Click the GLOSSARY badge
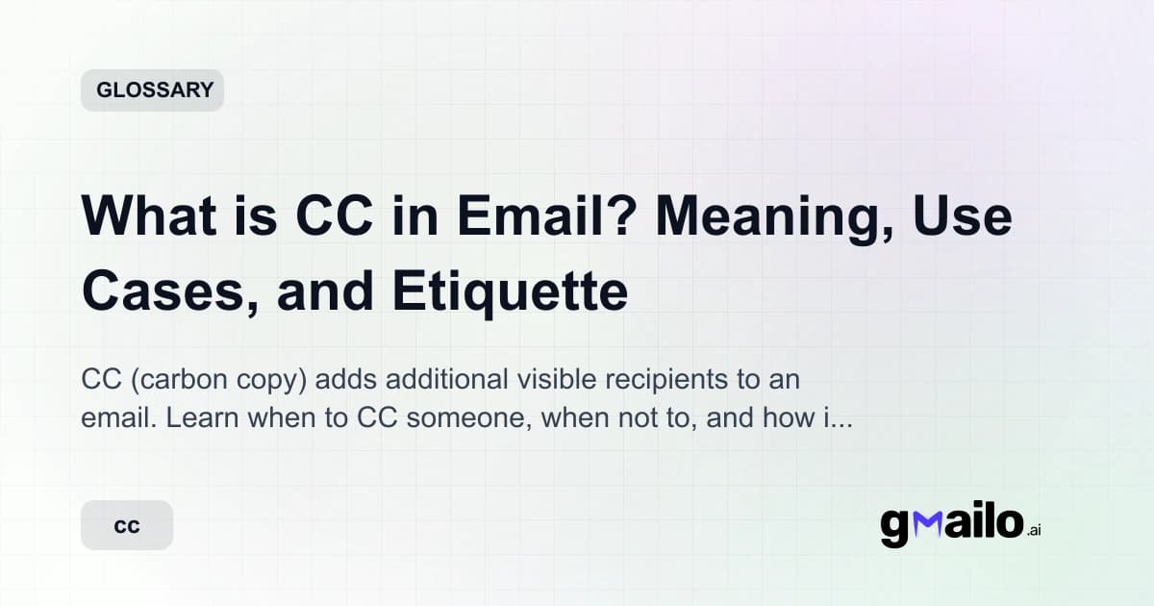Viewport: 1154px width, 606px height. coord(152,90)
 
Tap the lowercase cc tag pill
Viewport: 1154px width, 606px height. coord(127,526)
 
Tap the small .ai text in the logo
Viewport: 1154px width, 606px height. coord(1034,530)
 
